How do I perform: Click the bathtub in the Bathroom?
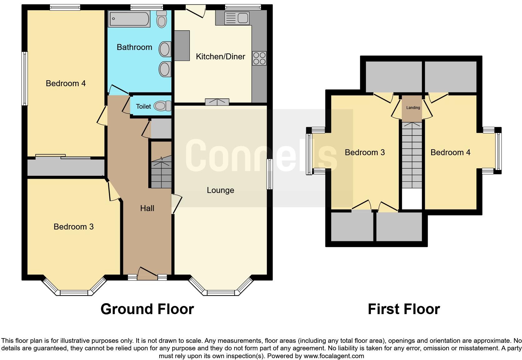click(129, 19)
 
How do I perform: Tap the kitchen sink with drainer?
click(237, 18)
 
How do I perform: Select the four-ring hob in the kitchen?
click(259, 58)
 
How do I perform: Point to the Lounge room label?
click(220, 190)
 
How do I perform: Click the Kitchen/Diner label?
click(220, 57)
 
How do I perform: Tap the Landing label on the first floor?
click(413, 108)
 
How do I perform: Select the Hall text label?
click(147, 208)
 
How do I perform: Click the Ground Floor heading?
click(147, 309)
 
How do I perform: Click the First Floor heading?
click(404, 309)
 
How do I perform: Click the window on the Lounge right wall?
click(269, 174)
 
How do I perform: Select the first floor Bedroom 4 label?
click(450, 152)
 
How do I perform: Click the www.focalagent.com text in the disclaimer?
click(333, 356)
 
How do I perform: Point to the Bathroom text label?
click(134, 47)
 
